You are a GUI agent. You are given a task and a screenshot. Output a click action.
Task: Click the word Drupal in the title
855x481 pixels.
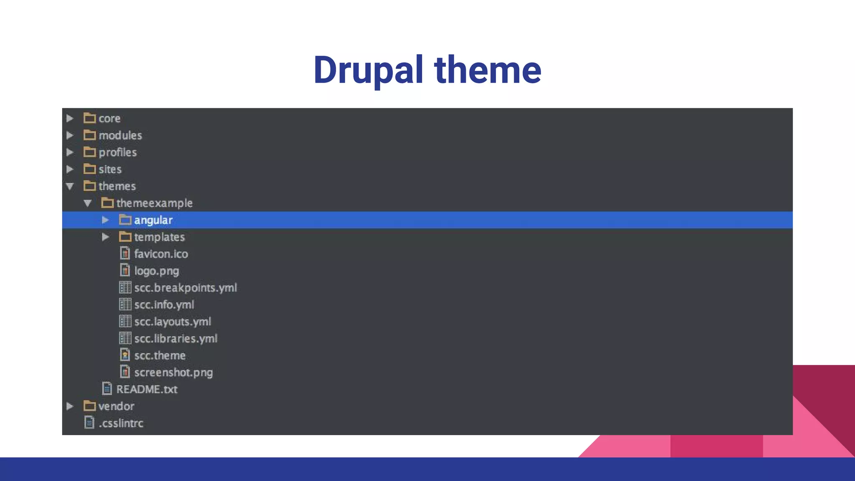pos(368,70)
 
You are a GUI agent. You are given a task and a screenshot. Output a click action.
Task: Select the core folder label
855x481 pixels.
pos(109,119)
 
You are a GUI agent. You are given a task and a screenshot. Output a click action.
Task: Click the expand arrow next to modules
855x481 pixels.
pos(70,135)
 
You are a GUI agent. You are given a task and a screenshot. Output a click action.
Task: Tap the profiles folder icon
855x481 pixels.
pos(89,152)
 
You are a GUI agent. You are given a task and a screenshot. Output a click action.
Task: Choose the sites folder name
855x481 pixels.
pos(110,169)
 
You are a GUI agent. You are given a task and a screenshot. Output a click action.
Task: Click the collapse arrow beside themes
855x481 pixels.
pos(70,186)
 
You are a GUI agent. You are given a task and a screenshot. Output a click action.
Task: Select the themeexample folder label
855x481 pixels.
pos(154,203)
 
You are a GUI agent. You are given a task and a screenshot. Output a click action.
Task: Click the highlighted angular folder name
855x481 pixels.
pos(153,220)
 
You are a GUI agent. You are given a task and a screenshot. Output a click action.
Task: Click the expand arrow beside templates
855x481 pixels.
pos(106,237)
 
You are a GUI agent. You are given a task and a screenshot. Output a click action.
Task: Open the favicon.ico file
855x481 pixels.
pos(161,254)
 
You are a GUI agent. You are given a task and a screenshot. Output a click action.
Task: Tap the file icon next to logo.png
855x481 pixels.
pos(125,271)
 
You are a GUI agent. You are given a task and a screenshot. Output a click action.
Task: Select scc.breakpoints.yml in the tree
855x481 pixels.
pos(185,288)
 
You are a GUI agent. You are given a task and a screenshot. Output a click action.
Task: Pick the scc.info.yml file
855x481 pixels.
pos(164,305)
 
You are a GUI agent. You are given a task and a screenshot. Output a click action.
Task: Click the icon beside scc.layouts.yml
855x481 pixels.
pos(125,322)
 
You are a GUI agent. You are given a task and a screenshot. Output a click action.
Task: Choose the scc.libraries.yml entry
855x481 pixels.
pos(175,339)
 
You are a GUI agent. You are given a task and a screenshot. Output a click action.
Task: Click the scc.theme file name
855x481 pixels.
pos(159,355)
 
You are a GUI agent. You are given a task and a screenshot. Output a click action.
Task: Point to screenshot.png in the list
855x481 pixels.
pos(173,372)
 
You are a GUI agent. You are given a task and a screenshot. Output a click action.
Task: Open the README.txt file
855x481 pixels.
pos(147,389)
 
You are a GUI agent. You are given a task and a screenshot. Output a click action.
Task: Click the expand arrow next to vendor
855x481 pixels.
pos(70,406)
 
